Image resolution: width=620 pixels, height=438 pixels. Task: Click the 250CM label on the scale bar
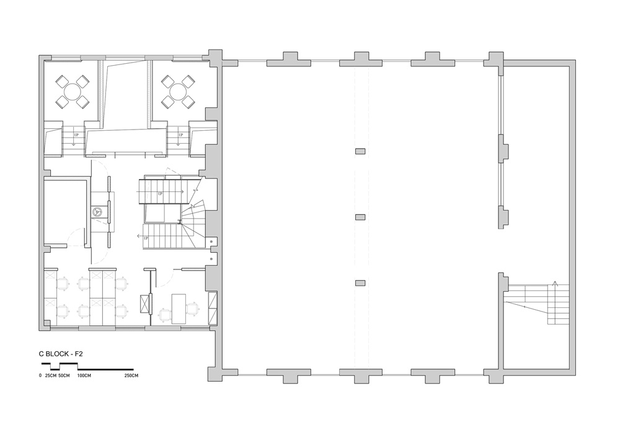131,375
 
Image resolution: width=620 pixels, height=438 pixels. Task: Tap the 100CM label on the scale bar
84,375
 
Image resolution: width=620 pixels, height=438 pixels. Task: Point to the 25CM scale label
50,375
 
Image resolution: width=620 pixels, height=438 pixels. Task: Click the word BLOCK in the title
58,354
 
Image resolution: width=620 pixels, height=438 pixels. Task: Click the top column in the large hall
360,151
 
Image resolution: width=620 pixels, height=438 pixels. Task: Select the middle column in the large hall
360,217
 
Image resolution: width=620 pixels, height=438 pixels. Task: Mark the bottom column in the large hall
360,283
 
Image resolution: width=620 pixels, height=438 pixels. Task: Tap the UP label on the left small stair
76,135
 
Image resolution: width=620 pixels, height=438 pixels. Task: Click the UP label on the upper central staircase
160,194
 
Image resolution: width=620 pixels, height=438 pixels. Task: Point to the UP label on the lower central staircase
146,238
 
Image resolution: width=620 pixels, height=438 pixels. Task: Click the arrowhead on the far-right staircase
555,283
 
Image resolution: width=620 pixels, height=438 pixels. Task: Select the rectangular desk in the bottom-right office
179,309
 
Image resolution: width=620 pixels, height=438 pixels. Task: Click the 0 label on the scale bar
40,375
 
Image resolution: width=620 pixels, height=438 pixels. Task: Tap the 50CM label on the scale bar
64,375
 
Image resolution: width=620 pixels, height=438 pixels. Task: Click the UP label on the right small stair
181,135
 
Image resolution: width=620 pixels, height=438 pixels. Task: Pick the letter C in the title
41,354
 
